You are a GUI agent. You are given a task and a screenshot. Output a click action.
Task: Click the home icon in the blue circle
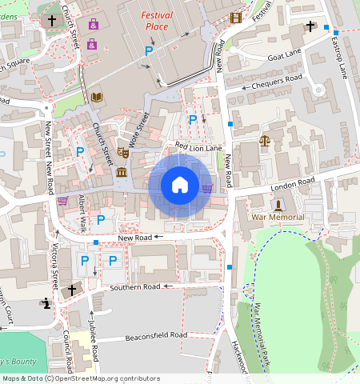(180, 186)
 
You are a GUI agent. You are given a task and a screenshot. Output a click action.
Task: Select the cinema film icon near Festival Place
(235, 18)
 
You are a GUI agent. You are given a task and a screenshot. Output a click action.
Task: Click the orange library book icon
(97, 98)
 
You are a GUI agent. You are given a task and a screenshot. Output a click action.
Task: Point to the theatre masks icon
(123, 151)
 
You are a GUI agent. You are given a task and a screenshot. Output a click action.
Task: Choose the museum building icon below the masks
(122, 172)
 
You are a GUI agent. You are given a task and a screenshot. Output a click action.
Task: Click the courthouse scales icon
(264, 141)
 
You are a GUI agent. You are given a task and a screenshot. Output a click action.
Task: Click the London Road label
(294, 184)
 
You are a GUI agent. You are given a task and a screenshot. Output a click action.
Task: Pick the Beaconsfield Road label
(156, 335)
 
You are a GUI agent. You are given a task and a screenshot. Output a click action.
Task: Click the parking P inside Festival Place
(148, 50)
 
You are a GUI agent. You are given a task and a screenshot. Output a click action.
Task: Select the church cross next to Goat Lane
(310, 26)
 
